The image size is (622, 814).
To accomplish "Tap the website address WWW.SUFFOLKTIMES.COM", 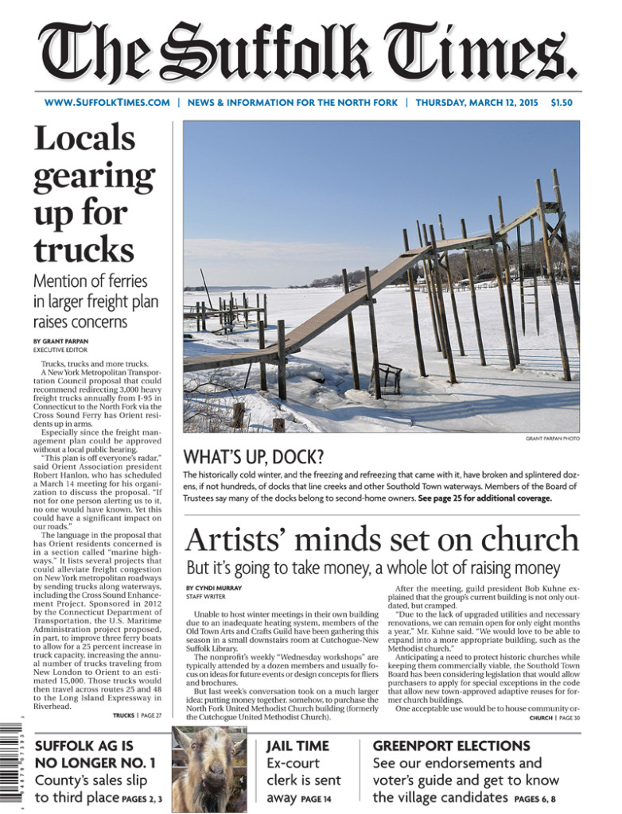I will (107, 103).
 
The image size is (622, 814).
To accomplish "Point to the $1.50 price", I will (562, 103).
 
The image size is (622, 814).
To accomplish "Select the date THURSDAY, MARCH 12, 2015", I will (476, 103).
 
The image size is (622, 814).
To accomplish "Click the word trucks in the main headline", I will (84, 250).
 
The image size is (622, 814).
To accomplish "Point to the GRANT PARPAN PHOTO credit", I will (553, 438).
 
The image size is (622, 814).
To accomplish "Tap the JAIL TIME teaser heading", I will (297, 746).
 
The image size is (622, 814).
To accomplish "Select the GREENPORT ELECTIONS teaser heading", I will (451, 746).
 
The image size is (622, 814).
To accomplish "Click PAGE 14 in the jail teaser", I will (316, 799).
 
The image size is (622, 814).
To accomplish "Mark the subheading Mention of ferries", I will (90, 281).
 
